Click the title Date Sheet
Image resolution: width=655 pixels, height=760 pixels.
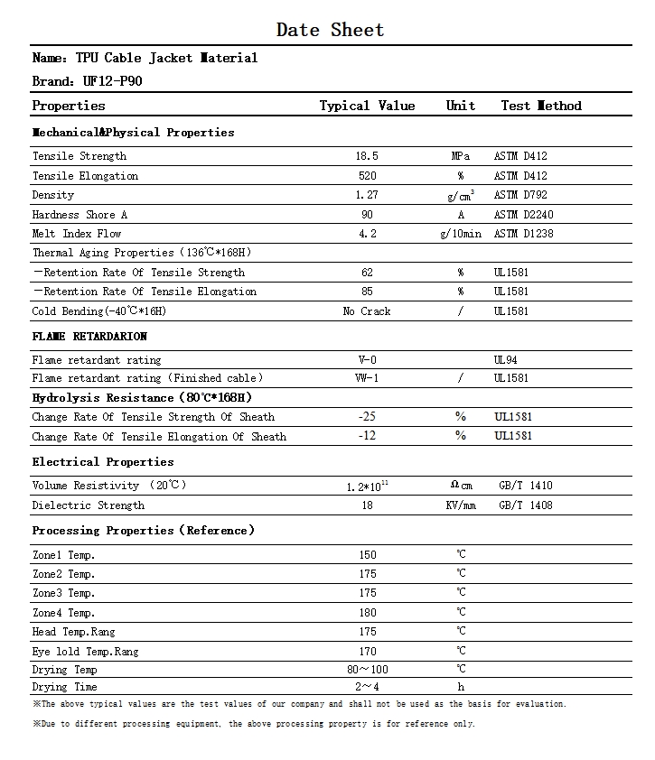330,30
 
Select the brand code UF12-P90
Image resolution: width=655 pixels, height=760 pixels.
113,81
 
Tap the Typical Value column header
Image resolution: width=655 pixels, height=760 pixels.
367,106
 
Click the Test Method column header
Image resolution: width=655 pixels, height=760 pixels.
541,106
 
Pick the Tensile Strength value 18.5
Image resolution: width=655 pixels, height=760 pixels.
367,156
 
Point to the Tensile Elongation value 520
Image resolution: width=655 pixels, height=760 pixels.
367,176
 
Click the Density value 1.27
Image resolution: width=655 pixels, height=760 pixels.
367,195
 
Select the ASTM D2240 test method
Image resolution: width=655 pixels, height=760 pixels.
523,215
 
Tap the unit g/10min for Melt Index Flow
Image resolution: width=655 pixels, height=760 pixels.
460,234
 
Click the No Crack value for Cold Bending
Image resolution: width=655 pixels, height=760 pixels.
367,311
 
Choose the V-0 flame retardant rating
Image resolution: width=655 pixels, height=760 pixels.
367,360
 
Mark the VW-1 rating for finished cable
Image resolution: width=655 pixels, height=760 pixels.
367,378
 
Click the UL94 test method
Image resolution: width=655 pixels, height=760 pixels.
506,360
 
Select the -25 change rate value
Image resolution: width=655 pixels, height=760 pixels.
367,417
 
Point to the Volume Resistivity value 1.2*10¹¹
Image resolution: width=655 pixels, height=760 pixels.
367,487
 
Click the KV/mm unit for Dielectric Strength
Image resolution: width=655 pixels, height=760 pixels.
460,505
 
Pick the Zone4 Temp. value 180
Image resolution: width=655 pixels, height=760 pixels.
367,613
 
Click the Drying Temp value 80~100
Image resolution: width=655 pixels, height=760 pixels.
367,670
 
